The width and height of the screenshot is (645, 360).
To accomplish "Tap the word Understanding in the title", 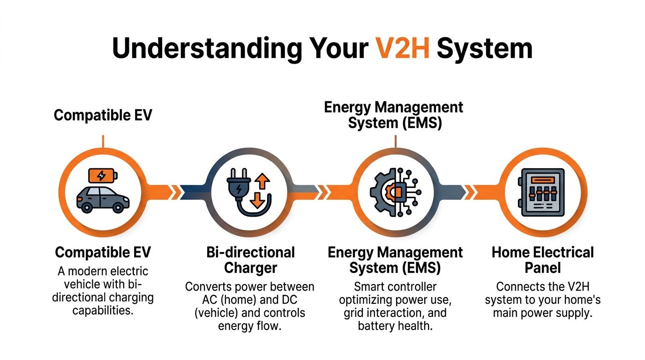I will point(207,48).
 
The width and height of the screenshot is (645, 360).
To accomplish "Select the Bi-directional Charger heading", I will point(250,260).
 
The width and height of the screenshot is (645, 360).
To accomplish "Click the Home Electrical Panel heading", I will point(542,260).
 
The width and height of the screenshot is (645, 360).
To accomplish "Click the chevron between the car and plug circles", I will point(176,191).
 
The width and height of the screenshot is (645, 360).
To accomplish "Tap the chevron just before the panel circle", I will point(470,191).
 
